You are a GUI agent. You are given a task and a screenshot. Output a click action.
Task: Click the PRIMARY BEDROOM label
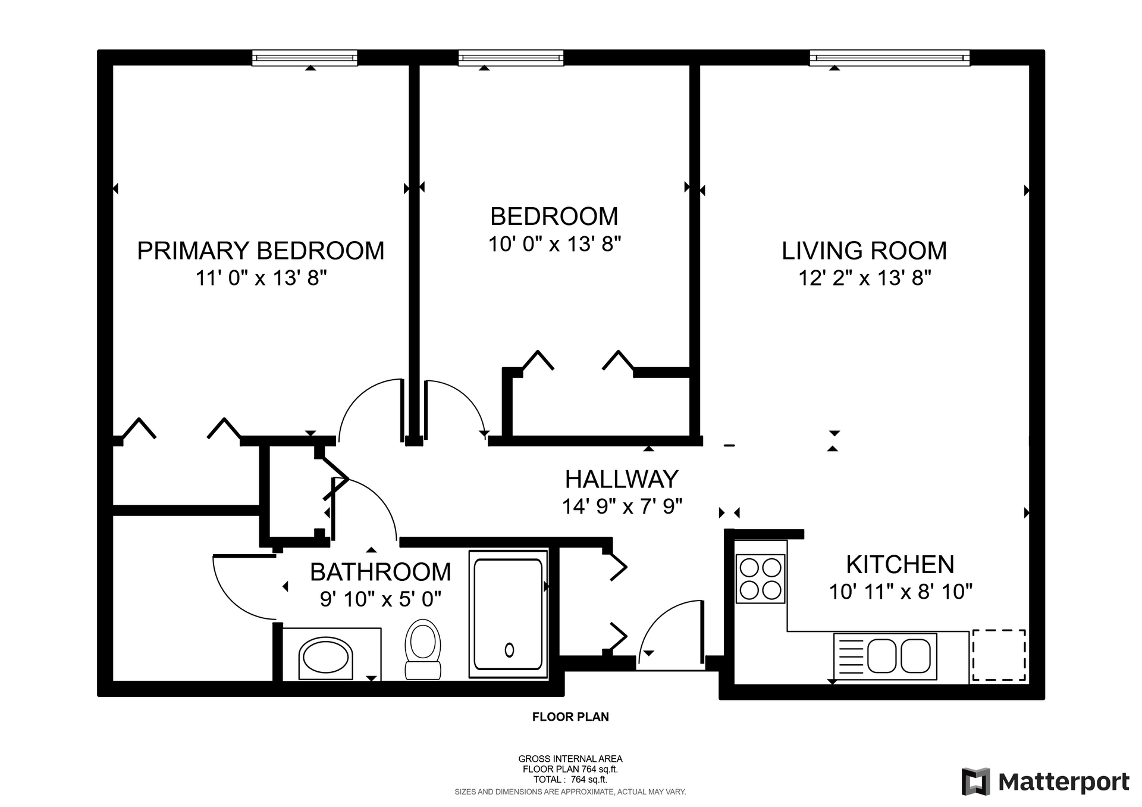261,251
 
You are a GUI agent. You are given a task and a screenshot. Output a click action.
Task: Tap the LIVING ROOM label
864,251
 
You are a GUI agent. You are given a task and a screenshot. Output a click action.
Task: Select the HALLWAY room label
622,479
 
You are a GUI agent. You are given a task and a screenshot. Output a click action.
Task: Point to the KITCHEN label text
900,564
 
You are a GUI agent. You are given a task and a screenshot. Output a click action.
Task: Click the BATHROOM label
381,572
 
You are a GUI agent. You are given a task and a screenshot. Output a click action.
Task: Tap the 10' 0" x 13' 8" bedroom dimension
555,244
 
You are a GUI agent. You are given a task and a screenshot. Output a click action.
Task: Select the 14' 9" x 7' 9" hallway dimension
622,506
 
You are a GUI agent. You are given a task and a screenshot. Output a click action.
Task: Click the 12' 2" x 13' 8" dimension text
865,278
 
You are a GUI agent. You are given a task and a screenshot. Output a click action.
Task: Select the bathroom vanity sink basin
325,658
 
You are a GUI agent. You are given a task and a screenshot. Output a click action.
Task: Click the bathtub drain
509,650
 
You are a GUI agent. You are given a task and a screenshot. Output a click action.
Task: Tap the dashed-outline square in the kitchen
999,655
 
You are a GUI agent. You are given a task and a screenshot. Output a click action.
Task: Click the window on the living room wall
890,58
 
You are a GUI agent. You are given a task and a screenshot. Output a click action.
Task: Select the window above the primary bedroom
305,58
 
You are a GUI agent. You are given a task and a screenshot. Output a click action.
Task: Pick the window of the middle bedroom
511,58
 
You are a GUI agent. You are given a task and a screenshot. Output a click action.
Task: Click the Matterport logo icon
975,781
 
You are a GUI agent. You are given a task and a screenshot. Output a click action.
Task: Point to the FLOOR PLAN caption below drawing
570,717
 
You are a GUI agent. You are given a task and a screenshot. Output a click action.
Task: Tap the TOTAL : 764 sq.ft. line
570,780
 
